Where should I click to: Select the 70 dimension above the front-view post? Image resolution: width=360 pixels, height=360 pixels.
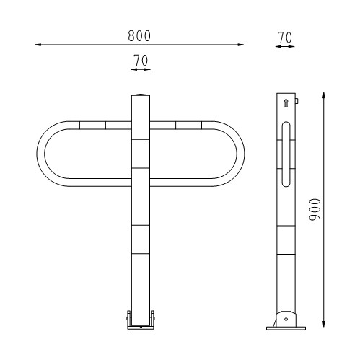click(x=141, y=61)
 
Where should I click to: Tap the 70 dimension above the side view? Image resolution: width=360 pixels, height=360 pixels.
click(x=284, y=36)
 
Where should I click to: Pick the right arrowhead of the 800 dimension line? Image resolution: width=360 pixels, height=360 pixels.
click(x=242, y=45)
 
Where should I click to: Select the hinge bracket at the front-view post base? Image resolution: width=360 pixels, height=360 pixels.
click(x=141, y=320)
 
